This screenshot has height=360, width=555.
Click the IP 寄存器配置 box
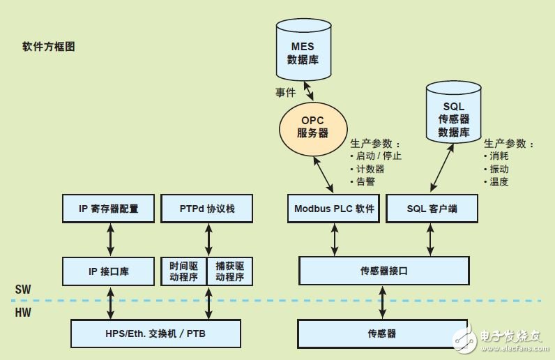tap(109, 209)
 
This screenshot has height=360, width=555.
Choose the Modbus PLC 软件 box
tap(334, 209)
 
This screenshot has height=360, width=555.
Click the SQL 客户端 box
tap(432, 209)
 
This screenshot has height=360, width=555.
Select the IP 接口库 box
tap(109, 271)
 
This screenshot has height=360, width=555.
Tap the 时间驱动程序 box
tap(183, 271)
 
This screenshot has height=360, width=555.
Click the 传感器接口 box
tap(382, 271)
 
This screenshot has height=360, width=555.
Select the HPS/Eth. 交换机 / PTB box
tap(156, 333)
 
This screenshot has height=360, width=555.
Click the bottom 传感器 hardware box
tap(382, 333)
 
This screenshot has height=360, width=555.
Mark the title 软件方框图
tap(48, 47)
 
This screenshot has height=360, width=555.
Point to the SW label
tap(22, 289)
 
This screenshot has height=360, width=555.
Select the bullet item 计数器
tap(370, 168)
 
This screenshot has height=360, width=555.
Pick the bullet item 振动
tap(499, 169)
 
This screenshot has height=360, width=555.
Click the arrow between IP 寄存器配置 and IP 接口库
tap(109, 239)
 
